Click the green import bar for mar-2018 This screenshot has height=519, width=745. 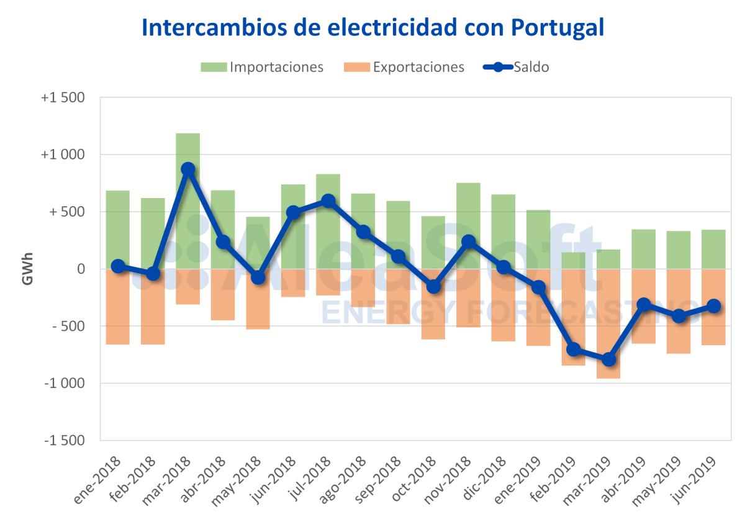188,149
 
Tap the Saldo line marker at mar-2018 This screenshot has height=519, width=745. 188,169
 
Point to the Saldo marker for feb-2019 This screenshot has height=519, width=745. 573,350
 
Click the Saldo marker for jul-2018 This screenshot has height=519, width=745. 328,201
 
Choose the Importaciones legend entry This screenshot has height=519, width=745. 263,67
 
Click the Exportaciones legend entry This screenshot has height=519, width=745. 404,67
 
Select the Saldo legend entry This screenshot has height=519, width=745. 517,67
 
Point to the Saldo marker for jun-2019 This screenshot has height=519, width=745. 713,306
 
